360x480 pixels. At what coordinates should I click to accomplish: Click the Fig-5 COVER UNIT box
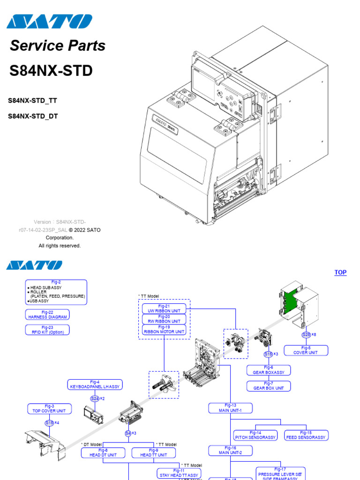pos(306,350)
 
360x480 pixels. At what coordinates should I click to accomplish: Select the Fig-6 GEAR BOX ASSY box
pos(269,370)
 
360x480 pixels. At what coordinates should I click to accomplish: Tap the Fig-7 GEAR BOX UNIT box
pos(269,386)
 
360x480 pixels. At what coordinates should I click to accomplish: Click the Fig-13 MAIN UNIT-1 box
pos(230,408)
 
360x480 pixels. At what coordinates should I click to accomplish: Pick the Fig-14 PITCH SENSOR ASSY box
pos(255,435)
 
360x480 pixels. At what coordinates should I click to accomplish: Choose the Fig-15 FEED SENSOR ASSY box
pos(306,435)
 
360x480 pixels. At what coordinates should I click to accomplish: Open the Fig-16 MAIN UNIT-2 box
pos(230,450)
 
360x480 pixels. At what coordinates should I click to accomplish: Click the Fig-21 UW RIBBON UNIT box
pos(164,308)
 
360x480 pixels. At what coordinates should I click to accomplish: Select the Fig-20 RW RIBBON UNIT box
pos(164,319)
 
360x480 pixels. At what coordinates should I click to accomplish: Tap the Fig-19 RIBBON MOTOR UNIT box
pos(164,330)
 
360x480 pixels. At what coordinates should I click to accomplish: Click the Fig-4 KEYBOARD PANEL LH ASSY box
pos(95,384)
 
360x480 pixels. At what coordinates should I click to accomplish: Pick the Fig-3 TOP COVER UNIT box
pos(49,408)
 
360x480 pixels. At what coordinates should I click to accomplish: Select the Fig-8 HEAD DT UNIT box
pos(103,452)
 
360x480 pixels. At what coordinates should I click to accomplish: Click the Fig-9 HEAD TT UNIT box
pos(153,452)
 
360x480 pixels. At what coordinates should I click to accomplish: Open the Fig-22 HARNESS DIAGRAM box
pos(47,315)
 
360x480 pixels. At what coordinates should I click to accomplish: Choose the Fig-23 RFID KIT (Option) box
pos(47,330)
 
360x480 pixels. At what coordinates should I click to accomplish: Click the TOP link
pos(340,272)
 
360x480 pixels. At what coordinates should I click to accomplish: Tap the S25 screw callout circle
pos(306,335)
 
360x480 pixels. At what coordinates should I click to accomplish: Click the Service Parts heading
pos(58,45)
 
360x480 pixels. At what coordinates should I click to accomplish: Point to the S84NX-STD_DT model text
pos(33,116)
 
